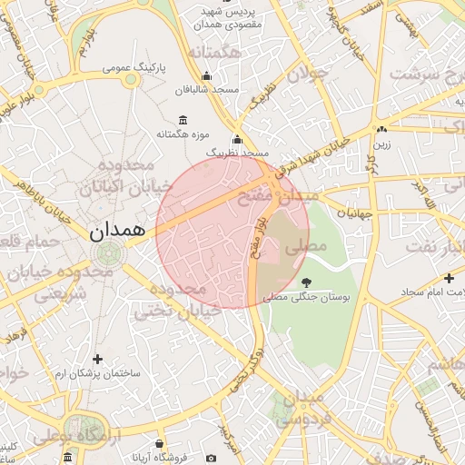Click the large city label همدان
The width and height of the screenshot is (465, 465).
[118, 231]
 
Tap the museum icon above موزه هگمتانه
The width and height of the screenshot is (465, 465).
[183, 121]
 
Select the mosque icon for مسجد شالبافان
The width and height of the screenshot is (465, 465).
[207, 76]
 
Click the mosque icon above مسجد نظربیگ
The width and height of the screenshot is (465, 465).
[238, 140]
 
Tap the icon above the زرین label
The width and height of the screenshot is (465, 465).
[382, 129]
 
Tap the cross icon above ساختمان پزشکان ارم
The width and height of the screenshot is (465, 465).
[97, 360]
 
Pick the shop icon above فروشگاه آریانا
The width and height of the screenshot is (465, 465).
[160, 444]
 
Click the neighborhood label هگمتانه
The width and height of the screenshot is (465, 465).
[214, 54]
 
